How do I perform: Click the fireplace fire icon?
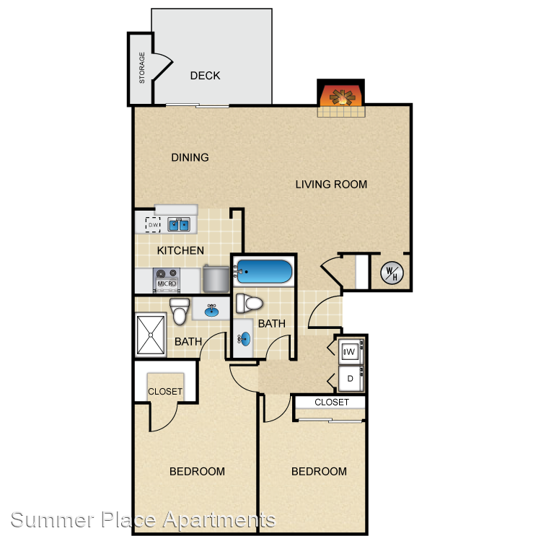tap(342, 97)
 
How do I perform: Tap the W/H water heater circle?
tap(392, 273)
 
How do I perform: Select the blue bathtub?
tap(264, 271)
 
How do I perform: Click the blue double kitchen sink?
tap(179, 224)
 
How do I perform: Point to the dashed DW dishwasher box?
tap(153, 224)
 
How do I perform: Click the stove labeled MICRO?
tap(167, 281)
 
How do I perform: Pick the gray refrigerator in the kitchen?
tap(216, 278)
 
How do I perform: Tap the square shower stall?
tap(151, 335)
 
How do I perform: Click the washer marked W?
tap(351, 351)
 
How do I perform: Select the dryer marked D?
tap(351, 379)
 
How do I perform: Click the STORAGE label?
tap(142, 68)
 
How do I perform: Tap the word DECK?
tap(205, 76)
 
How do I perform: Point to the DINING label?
tap(190, 157)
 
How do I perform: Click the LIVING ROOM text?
tap(331, 184)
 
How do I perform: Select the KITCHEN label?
tap(180, 250)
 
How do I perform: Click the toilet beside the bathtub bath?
tap(249, 303)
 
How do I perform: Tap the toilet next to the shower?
tap(180, 311)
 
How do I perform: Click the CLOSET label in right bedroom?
tap(332, 403)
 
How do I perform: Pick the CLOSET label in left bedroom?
tap(165, 391)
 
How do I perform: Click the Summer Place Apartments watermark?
tap(144, 519)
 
